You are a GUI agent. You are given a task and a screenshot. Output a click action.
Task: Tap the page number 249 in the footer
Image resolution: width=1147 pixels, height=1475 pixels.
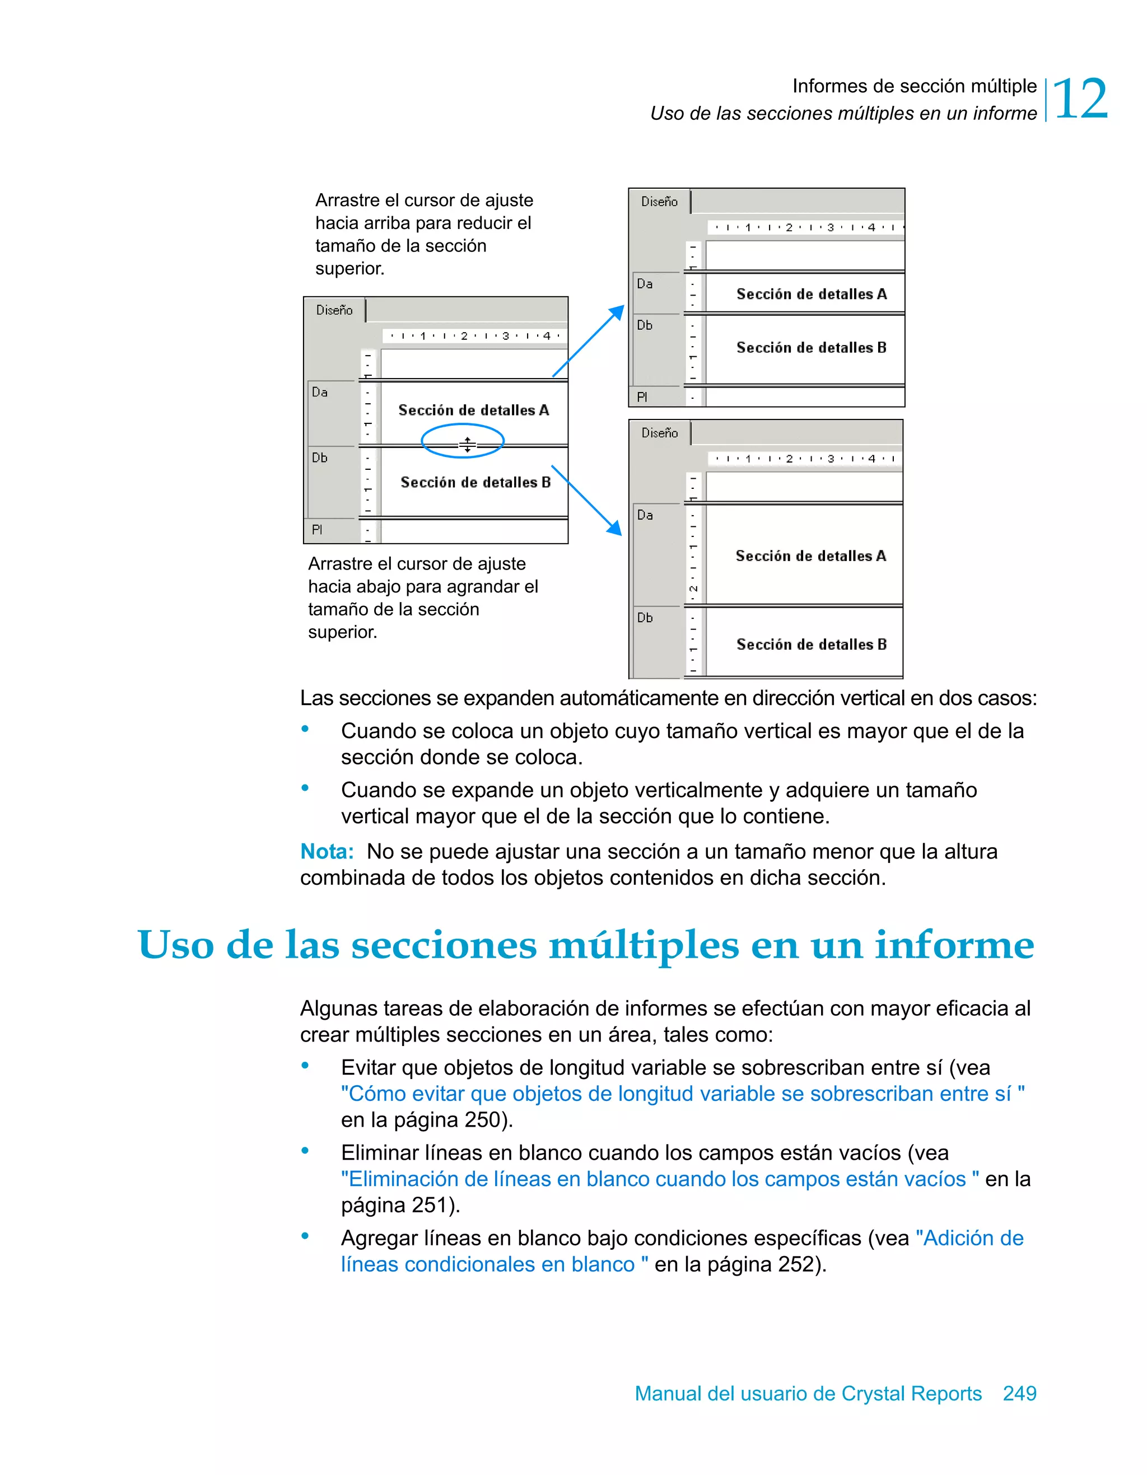pyautogui.click(x=1019, y=1393)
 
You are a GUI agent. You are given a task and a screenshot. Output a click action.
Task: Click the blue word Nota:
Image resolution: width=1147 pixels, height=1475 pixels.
pyautogui.click(x=327, y=852)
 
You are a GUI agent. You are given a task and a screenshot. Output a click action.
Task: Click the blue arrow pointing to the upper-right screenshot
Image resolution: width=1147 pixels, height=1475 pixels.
pyautogui.click(x=588, y=341)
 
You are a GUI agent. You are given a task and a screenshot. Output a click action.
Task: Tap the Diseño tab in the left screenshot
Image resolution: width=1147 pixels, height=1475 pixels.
pyautogui.click(x=334, y=310)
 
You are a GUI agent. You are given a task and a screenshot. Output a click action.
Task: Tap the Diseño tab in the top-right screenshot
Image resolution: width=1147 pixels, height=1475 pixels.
pyautogui.click(x=659, y=201)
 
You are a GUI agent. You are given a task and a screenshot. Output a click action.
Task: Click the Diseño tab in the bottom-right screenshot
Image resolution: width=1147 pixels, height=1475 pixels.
pyautogui.click(x=659, y=433)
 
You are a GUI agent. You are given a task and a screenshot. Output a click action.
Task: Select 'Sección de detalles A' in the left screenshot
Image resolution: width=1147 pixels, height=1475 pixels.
pyautogui.click(x=473, y=410)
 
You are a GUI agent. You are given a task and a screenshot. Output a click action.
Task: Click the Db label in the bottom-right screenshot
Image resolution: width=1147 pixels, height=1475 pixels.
pyautogui.click(x=645, y=617)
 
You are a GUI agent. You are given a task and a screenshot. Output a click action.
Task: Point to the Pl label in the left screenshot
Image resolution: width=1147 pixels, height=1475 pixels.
pyautogui.click(x=317, y=530)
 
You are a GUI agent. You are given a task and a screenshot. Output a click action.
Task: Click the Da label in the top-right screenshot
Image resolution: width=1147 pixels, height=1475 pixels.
pyautogui.click(x=645, y=284)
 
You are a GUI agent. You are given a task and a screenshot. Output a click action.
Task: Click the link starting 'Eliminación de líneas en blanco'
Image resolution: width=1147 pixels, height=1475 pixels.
pyautogui.click(x=659, y=1179)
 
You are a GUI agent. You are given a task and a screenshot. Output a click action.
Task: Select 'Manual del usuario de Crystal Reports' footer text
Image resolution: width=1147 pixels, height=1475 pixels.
pyautogui.click(x=808, y=1393)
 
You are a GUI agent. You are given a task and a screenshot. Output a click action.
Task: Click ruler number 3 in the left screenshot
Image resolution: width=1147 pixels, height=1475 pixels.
pyautogui.click(x=505, y=335)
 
